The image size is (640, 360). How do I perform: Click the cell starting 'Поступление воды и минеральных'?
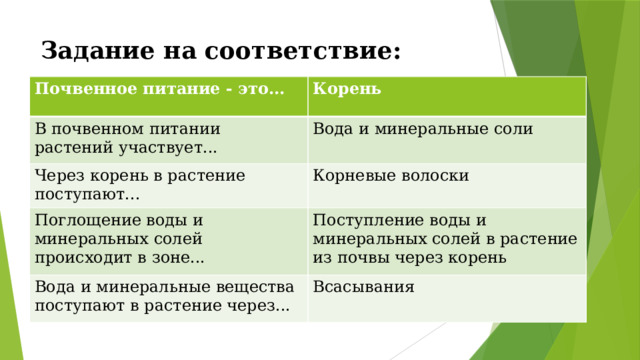tap(444, 239)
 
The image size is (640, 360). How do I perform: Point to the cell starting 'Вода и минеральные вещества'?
tap(164, 296)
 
